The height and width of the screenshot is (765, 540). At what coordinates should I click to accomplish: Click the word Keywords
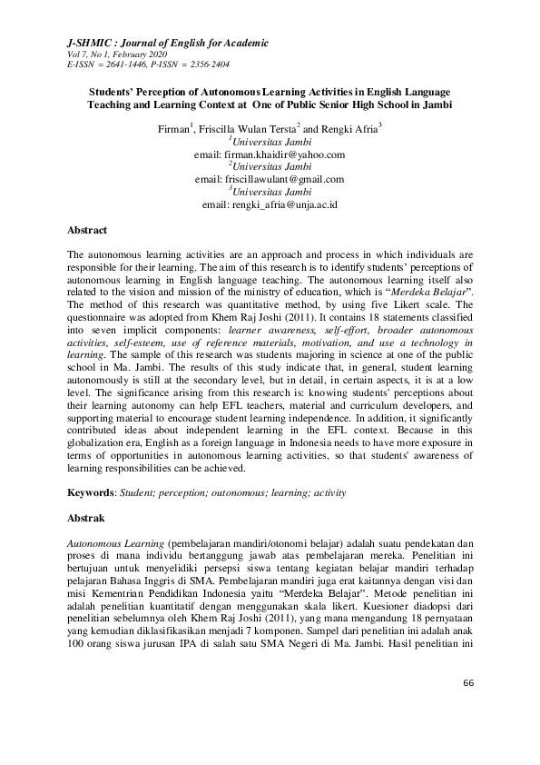(91, 492)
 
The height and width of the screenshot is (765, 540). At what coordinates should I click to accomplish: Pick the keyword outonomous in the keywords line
(231, 492)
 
